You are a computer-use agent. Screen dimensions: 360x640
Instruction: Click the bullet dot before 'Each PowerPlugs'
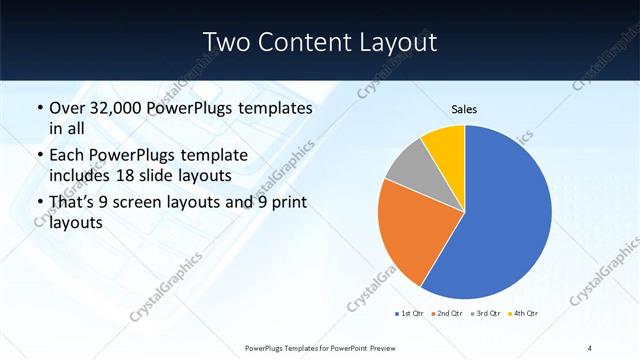(39, 156)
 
